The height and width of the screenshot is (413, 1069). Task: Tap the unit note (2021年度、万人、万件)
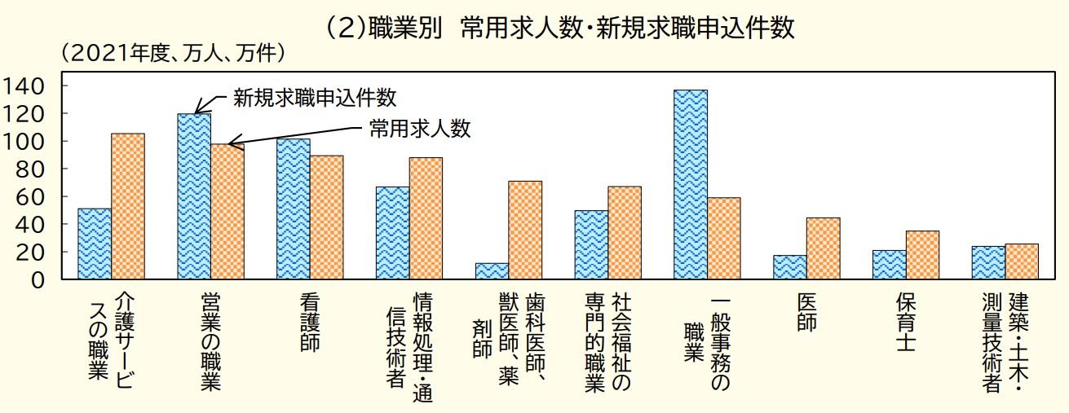172,54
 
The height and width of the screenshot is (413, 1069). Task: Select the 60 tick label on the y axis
39,196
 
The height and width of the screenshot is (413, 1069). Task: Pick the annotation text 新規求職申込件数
315,98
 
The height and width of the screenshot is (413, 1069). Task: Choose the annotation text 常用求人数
421,129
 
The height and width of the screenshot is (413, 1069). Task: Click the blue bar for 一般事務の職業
691,185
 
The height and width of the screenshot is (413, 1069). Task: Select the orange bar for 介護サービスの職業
128,207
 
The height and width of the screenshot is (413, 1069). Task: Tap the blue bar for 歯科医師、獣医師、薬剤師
492,271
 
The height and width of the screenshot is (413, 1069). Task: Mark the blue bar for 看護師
294,209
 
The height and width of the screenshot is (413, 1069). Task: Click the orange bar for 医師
823,248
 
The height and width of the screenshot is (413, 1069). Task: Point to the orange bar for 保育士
922,255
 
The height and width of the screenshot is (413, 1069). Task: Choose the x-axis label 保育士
905,322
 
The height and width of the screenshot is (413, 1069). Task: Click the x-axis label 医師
806,312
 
